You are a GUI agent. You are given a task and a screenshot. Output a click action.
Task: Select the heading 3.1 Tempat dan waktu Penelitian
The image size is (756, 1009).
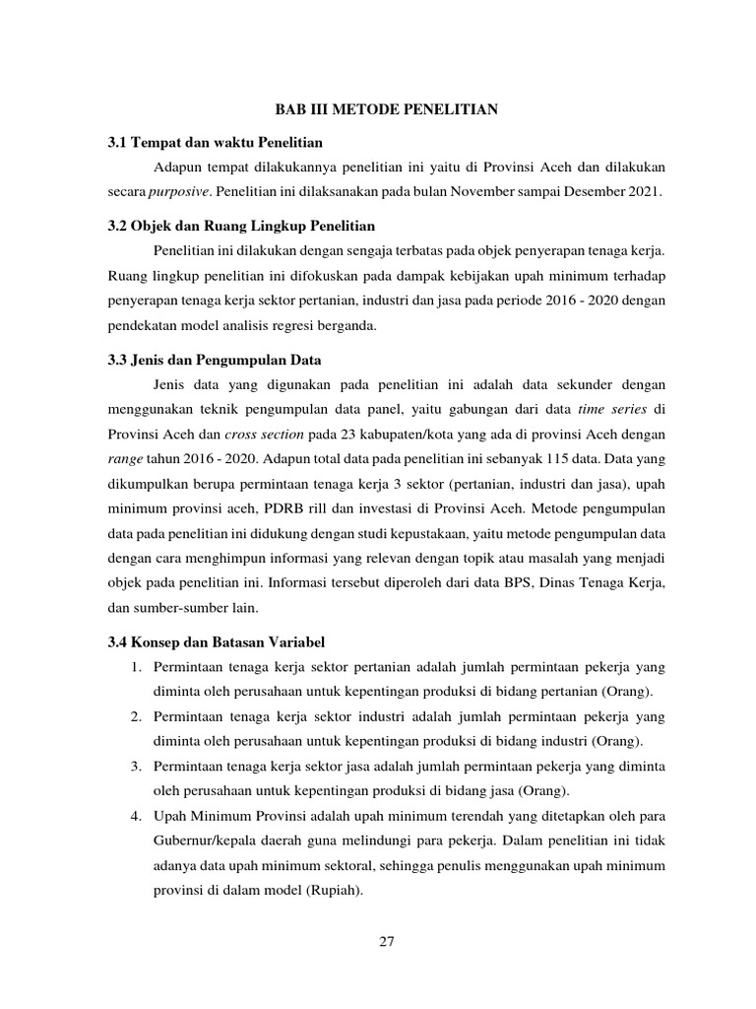pos(216,143)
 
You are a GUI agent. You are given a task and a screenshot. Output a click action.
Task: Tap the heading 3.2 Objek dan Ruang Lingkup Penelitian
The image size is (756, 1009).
pos(241,226)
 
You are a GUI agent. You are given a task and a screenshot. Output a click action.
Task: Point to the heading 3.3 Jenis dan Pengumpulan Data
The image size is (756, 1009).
pos(215,360)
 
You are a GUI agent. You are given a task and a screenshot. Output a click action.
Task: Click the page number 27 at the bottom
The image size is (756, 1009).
pos(387,941)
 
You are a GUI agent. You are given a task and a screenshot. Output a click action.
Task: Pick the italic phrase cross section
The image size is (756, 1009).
pos(258,435)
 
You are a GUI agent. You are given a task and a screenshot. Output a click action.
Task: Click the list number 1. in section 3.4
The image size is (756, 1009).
pos(137,668)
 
